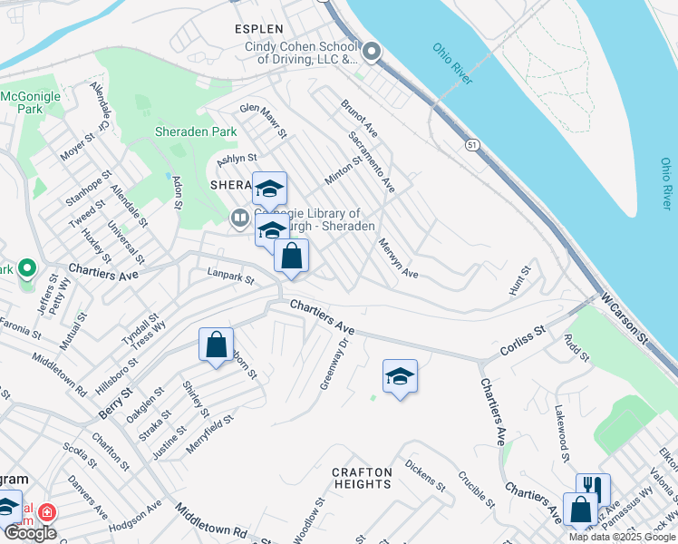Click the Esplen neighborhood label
click(x=258, y=29)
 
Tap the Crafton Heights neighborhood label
click(x=362, y=478)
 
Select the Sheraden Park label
click(x=183, y=131)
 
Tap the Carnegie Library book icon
click(x=240, y=218)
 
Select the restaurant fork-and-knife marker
click(x=592, y=487)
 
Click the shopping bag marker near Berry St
click(x=216, y=345)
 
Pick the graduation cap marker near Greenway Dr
click(x=400, y=376)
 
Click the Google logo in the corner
click(x=30, y=533)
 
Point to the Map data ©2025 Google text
click(x=622, y=537)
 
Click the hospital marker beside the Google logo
click(x=45, y=513)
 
